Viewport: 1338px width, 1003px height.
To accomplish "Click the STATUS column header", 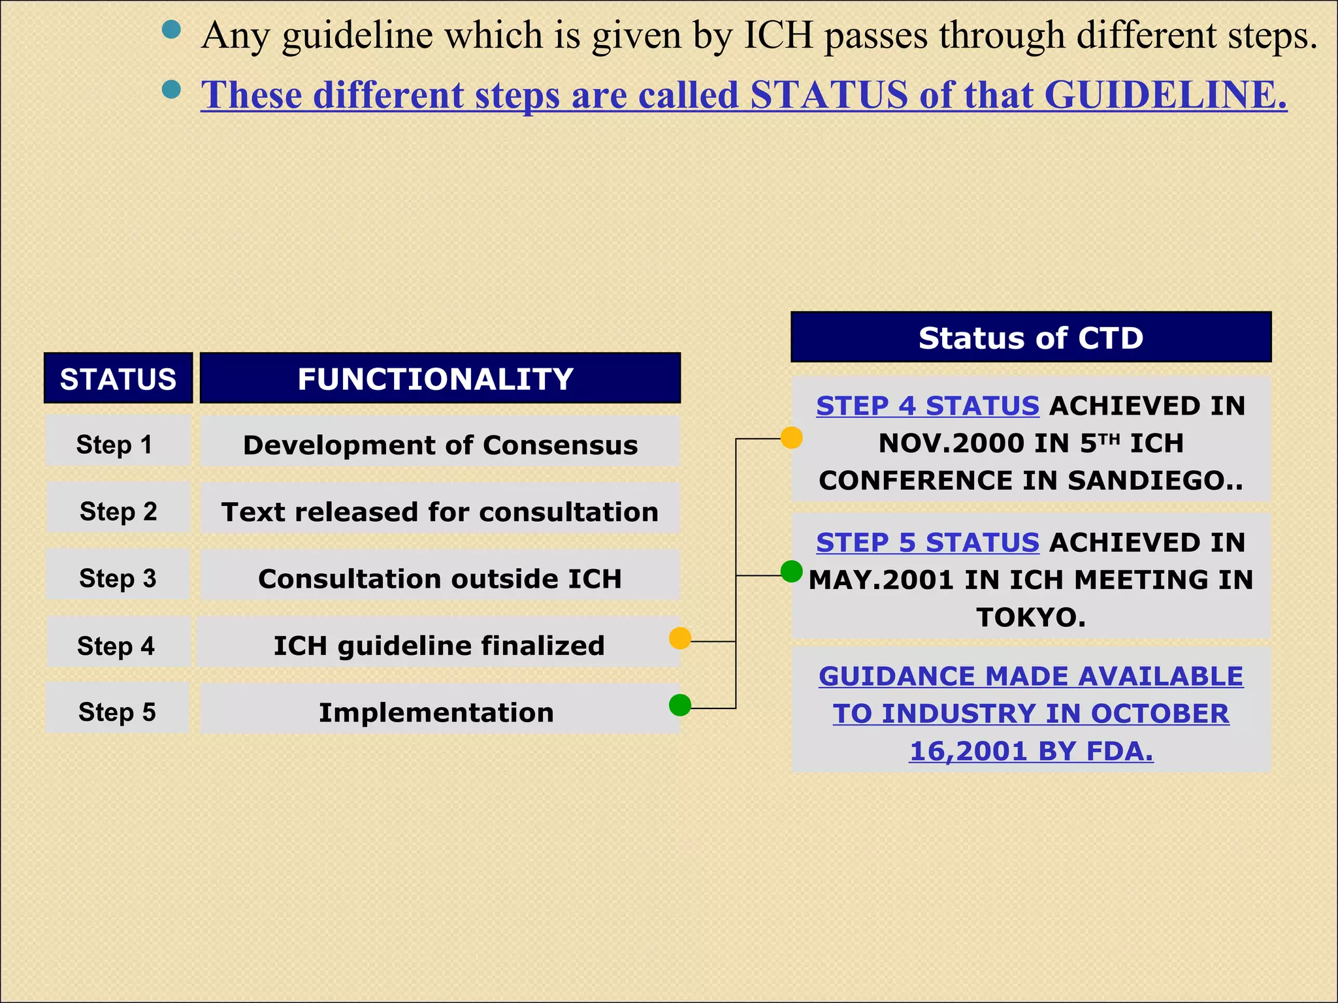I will tap(118, 379).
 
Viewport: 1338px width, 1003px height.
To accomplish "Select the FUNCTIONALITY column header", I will tap(440, 379).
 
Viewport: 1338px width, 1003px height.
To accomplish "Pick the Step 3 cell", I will tap(118, 578).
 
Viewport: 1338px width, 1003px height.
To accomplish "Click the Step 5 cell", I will tap(118, 711).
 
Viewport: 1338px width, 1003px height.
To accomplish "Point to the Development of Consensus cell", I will tap(440, 445).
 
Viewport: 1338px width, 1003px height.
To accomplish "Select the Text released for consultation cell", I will tap(440, 511).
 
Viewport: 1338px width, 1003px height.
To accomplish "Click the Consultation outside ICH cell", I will tap(440, 579).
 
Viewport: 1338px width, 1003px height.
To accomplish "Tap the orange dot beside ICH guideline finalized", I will tap(680, 638).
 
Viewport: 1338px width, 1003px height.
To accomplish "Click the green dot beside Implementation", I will tap(680, 705).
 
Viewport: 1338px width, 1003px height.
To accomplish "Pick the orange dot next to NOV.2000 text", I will tap(791, 438).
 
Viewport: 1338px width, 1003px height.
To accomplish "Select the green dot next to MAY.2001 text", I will tap(791, 571).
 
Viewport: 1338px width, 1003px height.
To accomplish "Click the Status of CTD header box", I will tap(1030, 338).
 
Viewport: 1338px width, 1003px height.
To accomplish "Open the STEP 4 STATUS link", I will tap(927, 406).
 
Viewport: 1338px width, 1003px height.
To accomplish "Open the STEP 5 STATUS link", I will tap(927, 543).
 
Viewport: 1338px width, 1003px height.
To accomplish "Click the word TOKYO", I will tap(1030, 617).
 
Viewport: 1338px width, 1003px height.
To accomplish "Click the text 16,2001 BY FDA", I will tap(1030, 751).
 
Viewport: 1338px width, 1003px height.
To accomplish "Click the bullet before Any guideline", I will tap(171, 30).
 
